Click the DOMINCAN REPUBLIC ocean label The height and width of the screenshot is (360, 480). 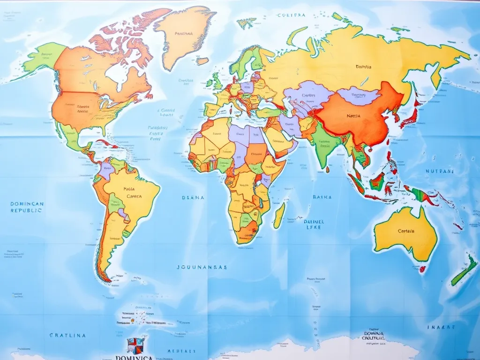pos(27,207)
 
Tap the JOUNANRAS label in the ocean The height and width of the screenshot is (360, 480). pos(202,267)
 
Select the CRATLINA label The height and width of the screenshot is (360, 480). pos(67,336)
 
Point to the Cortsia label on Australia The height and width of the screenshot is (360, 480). pos(406,231)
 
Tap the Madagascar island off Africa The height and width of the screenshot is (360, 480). pos(279,216)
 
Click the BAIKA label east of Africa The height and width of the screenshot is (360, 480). pos(322,197)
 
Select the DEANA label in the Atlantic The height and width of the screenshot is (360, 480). pos(193,198)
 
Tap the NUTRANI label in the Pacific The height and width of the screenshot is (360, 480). pos(440,172)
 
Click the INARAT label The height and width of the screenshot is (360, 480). pos(441,327)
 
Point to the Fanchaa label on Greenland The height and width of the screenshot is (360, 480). pos(184,34)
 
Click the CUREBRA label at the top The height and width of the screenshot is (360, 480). pos(291,15)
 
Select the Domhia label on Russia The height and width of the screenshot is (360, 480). pos(363,67)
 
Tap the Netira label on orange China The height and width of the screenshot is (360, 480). pos(353,116)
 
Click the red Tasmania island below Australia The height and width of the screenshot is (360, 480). pos(423,269)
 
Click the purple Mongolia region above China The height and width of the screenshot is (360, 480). pos(359,96)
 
